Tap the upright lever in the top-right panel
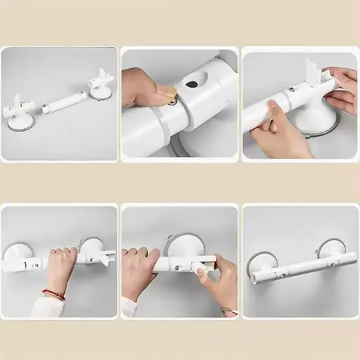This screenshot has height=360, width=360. tap(314, 72)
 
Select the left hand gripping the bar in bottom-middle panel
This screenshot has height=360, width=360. tap(140, 268)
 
